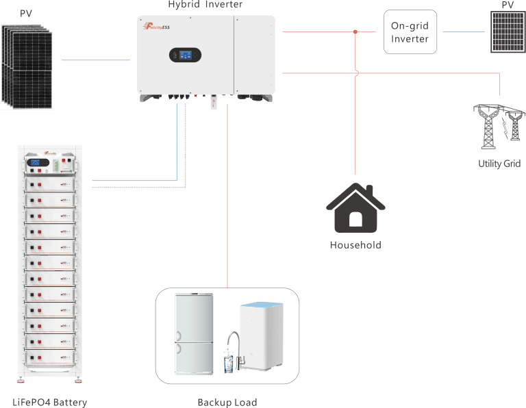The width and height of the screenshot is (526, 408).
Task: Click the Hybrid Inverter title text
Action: point(205,5)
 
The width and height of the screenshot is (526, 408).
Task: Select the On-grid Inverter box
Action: point(410,31)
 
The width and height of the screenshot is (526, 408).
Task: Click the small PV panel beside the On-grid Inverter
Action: point(508,32)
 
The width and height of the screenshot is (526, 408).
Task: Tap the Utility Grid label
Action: point(499,164)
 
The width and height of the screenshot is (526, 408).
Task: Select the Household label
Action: point(355,244)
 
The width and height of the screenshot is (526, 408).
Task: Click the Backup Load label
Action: point(227,403)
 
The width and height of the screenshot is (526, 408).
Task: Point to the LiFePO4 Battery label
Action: point(50,403)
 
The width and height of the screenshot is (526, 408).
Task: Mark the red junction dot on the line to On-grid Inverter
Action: point(355,31)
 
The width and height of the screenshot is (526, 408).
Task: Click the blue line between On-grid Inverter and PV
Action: point(466,31)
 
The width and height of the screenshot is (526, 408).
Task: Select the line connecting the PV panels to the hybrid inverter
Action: point(96,60)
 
